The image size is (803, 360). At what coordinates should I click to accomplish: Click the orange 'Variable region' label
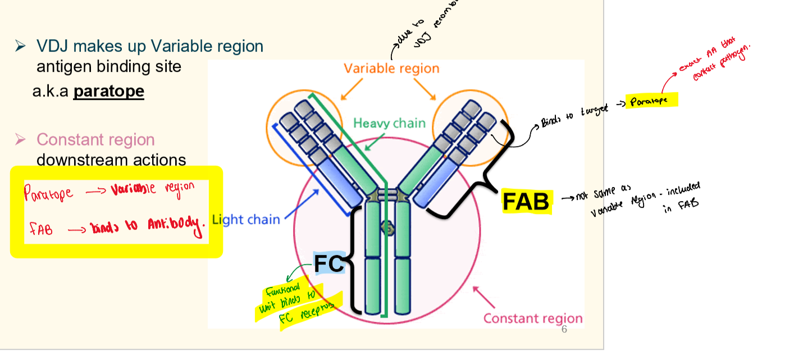[x=391, y=69]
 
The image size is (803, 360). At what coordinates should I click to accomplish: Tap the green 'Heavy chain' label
[x=389, y=123]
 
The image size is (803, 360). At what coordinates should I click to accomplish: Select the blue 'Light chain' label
[x=245, y=220]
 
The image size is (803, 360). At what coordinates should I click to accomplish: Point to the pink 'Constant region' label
[x=532, y=318]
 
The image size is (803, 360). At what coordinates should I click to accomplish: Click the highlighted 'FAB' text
[x=526, y=202]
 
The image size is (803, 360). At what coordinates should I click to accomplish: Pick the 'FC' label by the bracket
[x=328, y=263]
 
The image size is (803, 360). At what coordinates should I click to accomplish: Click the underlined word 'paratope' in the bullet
[x=108, y=91]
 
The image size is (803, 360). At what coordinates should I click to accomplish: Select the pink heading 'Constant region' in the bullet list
[x=95, y=139]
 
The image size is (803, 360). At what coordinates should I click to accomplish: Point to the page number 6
[x=564, y=329]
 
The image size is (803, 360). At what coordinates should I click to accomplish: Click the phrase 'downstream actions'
[x=111, y=160]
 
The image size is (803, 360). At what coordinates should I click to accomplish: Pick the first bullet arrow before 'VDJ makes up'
[x=21, y=46]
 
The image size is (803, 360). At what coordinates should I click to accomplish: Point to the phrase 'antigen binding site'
[x=108, y=67]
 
